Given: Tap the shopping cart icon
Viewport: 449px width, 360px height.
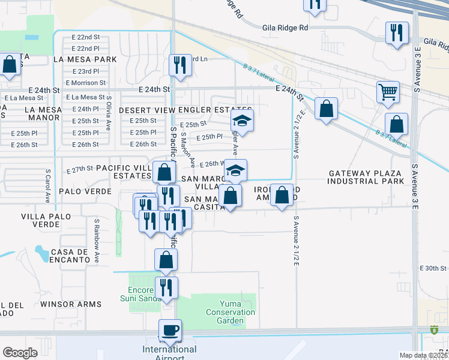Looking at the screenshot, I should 388,92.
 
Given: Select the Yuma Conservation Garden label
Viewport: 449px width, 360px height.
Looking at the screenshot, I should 231,312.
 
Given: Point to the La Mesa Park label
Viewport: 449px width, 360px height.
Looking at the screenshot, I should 85,59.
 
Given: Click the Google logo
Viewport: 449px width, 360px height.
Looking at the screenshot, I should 20,353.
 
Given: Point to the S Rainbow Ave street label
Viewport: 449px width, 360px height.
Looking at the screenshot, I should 96,240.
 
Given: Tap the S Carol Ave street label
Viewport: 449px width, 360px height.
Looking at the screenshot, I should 47,185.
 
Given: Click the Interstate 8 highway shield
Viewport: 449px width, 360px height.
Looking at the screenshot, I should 435,329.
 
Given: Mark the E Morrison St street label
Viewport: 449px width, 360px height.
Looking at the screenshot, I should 86,83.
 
